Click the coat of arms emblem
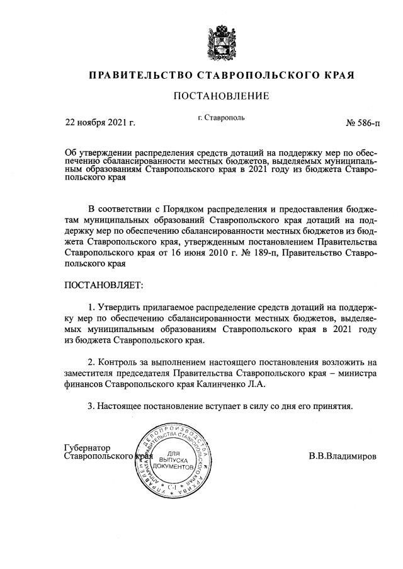(x=221, y=40)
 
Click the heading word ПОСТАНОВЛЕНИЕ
(x=221, y=96)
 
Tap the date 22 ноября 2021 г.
(x=101, y=122)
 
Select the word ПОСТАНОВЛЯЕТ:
(x=105, y=285)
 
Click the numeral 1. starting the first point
(x=92, y=307)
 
